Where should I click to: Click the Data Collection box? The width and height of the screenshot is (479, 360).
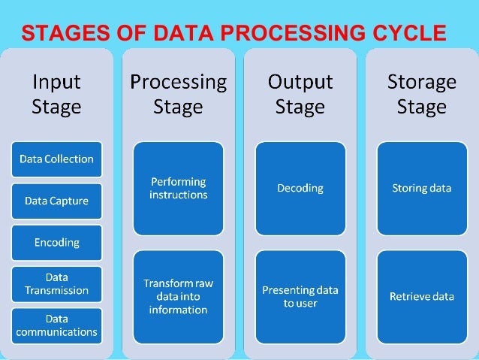coord(56,159)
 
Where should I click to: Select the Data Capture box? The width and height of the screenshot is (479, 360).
coord(56,201)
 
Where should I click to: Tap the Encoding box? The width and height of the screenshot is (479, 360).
coord(56,243)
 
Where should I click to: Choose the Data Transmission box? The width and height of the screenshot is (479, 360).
coord(56,283)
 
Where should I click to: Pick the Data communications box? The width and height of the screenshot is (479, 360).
coord(56,325)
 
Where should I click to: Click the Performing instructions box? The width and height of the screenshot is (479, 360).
coord(179,188)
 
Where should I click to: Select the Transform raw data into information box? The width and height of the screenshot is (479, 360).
coord(179,296)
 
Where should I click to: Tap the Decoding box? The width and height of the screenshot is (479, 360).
coord(300,188)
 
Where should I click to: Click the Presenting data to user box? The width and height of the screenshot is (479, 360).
coord(300,296)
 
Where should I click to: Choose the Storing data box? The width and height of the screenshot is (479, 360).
coord(422,188)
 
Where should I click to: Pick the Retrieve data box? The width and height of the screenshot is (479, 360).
coord(422,296)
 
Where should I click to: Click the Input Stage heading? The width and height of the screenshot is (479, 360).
coord(56,94)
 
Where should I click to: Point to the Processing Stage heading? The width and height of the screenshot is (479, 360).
coord(179,94)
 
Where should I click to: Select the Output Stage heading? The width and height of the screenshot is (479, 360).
coord(300,94)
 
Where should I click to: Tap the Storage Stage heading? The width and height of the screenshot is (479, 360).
coord(422,94)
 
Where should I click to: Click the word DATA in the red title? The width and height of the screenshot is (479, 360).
coord(178,34)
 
